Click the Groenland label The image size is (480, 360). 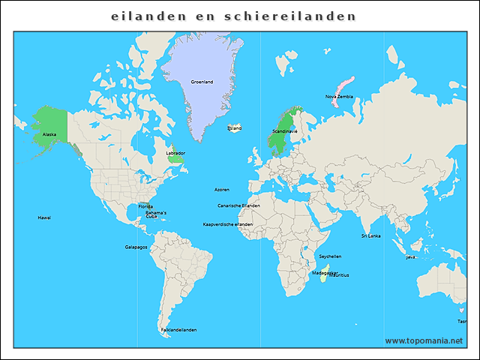[x=202, y=82]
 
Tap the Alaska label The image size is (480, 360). [x=49, y=134]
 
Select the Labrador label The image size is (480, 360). [x=175, y=153]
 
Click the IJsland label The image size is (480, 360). [x=235, y=128]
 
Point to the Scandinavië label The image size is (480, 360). [x=284, y=131]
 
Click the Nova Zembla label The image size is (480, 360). [x=339, y=97]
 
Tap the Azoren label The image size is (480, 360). [x=222, y=190]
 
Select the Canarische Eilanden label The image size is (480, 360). [x=238, y=205]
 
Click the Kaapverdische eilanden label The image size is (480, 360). [x=228, y=224]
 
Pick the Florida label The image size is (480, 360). [x=145, y=206]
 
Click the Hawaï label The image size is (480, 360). [x=44, y=217]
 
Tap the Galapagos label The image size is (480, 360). [x=136, y=247]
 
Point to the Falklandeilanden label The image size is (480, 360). [x=178, y=329]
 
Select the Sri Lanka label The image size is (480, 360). [x=370, y=235]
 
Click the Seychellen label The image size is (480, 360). [x=329, y=256]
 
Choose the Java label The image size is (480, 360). [x=410, y=257]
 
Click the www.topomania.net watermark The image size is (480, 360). [x=424, y=340]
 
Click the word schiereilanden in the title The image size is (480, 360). [x=290, y=16]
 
